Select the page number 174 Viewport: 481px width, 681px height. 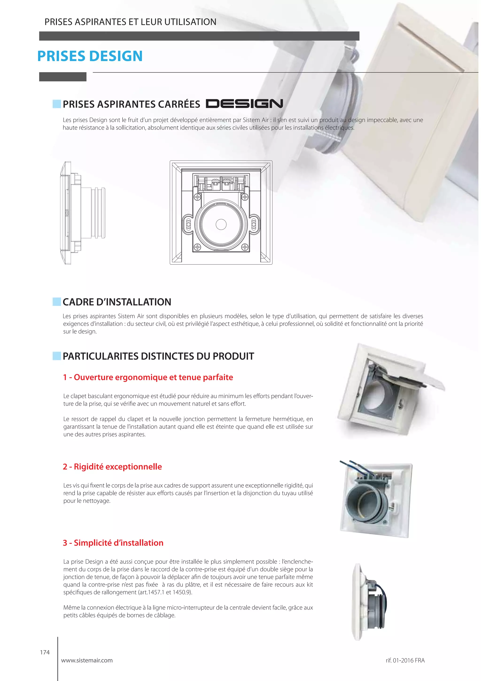click(x=45, y=652)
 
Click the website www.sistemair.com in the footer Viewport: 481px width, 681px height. click(x=87, y=661)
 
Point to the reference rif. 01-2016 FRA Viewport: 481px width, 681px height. click(x=405, y=661)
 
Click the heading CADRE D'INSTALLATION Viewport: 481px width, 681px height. click(x=117, y=302)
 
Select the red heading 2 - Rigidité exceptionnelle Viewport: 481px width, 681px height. click(x=112, y=467)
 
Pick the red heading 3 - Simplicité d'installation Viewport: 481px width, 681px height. click(x=113, y=543)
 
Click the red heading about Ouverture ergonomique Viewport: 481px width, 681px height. click(x=148, y=377)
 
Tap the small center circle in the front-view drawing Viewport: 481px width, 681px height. click(x=221, y=224)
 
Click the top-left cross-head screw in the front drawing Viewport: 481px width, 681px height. click(x=197, y=197)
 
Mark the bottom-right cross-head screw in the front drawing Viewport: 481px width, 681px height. click(x=245, y=247)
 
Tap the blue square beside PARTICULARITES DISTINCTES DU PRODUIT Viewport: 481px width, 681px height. click(x=57, y=356)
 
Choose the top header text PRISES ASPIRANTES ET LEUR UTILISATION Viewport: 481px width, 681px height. click(x=130, y=22)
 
